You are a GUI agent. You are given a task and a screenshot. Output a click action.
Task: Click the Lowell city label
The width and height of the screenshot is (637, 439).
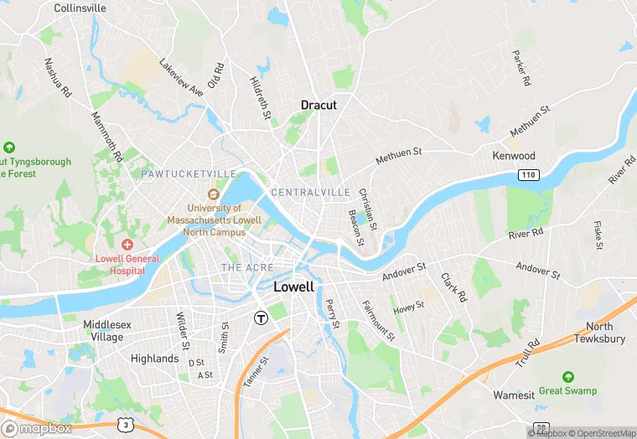(294, 287)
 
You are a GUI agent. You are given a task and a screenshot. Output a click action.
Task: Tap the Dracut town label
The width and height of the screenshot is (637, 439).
(318, 106)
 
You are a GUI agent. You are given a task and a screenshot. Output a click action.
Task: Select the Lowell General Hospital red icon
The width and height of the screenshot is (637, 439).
(127, 244)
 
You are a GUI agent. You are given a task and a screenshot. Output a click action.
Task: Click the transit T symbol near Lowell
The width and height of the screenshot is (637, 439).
(261, 318)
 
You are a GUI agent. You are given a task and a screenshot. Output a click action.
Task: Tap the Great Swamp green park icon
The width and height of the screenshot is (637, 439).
(568, 377)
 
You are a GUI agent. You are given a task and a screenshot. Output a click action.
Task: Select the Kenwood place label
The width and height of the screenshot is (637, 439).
(514, 156)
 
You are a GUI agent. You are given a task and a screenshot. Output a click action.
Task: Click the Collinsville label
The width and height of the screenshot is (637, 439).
(80, 8)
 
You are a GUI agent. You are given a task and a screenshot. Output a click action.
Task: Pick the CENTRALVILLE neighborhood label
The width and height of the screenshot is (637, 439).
(310, 193)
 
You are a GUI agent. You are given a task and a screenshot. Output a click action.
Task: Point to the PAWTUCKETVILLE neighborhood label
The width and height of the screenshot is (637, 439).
(189, 173)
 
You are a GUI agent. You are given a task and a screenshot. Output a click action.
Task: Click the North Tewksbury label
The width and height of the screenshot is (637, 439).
(599, 333)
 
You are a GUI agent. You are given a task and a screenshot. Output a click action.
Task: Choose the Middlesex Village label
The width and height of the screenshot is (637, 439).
(103, 330)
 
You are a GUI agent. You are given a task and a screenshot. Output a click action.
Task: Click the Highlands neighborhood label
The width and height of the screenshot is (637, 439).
(155, 359)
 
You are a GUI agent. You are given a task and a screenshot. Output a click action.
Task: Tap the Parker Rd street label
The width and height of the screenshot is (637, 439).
(520, 68)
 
